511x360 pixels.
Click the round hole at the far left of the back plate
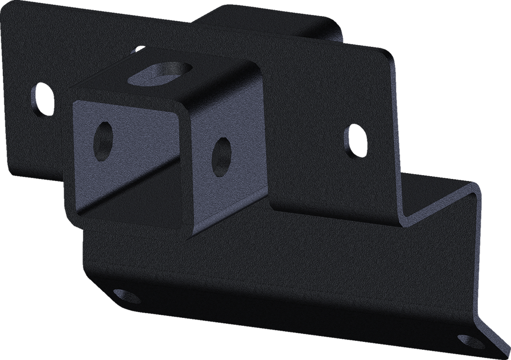pyautogui.click(x=43, y=99)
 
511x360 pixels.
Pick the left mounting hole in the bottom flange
pyautogui.click(x=123, y=296)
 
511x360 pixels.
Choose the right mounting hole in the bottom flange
pyautogui.click(x=471, y=341)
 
